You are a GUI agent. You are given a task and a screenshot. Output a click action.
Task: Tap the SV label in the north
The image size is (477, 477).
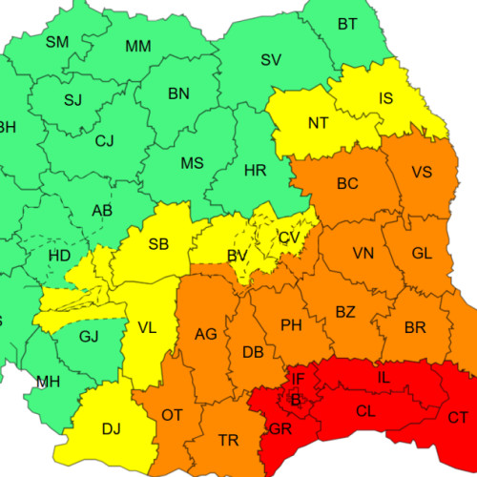point(271,60)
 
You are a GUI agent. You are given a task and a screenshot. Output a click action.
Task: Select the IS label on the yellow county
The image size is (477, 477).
point(385,98)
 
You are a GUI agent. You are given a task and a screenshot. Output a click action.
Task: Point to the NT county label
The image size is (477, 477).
point(318,122)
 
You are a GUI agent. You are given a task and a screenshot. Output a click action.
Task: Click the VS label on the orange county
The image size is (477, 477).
point(422,173)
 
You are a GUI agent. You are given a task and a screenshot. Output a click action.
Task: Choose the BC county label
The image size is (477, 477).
point(347,182)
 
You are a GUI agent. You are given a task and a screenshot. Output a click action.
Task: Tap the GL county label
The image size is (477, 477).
point(422,253)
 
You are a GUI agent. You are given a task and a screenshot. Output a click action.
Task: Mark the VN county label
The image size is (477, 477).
point(363,254)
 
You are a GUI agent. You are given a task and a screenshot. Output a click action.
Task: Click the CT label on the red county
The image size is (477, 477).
point(458,416)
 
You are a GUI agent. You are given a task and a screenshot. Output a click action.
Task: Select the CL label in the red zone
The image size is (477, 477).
point(365,412)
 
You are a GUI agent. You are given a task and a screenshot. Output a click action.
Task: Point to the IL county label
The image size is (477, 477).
point(384,379)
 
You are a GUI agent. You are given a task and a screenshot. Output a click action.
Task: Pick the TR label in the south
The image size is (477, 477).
point(229,440)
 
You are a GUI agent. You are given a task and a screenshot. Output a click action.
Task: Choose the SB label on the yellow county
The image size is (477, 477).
point(158,245)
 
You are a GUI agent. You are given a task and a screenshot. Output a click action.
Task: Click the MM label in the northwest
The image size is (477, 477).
point(138,47)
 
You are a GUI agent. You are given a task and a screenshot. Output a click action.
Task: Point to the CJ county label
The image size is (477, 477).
point(104,141)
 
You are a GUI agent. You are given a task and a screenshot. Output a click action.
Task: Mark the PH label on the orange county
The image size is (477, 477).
point(291,325)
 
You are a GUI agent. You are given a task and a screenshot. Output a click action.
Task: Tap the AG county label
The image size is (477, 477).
point(206,334)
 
